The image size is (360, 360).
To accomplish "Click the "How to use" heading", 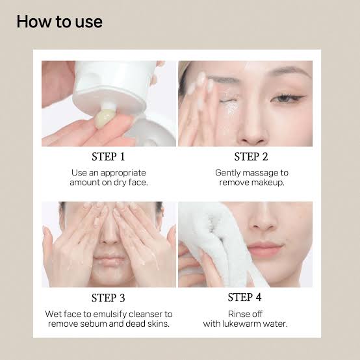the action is point(60,22).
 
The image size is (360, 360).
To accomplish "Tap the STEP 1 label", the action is point(108,157).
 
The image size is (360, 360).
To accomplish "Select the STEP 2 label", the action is point(251,157).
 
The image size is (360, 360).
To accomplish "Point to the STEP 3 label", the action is point(108,298).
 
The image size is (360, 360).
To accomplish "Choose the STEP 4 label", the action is point(244,297).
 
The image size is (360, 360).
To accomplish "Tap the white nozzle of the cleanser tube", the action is point(108,106).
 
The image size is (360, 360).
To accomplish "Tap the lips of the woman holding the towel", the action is point(265,249).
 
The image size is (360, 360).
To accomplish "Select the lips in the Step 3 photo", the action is point(110,261).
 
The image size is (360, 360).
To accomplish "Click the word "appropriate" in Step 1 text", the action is point(123,174).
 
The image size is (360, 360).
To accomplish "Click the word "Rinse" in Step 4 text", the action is point(237,314).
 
